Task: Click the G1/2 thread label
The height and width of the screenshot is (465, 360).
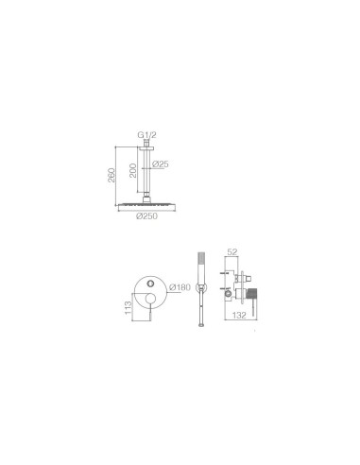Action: (x=146, y=135)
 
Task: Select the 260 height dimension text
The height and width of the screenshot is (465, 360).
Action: (x=111, y=176)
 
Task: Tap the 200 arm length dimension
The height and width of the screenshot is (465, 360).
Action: (x=133, y=170)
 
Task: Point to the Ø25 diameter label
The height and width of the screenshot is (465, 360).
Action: (x=161, y=164)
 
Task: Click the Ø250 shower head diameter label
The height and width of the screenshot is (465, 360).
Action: (x=146, y=216)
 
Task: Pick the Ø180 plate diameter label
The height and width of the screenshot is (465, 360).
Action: (x=180, y=287)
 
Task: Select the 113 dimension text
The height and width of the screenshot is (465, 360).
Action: (x=128, y=308)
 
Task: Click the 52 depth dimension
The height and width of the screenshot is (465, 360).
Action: (x=232, y=251)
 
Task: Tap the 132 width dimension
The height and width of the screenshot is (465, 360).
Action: (x=239, y=315)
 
